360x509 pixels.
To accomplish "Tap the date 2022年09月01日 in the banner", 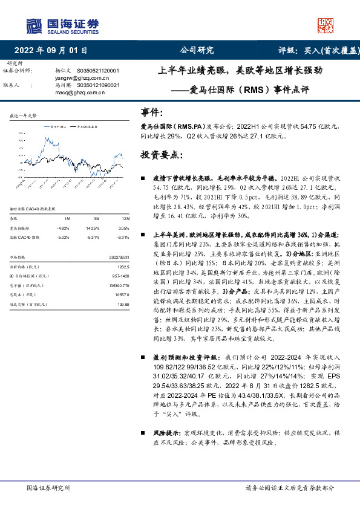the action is coord(54,50).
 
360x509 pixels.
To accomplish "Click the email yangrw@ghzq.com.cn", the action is coord(82,78).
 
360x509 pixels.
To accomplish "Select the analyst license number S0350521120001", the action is coord(102,71).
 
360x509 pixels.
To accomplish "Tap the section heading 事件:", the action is coord(151,112).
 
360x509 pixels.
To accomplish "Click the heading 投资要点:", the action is coord(160,155).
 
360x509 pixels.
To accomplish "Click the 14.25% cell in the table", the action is coord(92,228).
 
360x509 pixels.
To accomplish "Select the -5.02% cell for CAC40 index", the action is coord(63,237).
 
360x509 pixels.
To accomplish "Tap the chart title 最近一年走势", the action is coord(24,115).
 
